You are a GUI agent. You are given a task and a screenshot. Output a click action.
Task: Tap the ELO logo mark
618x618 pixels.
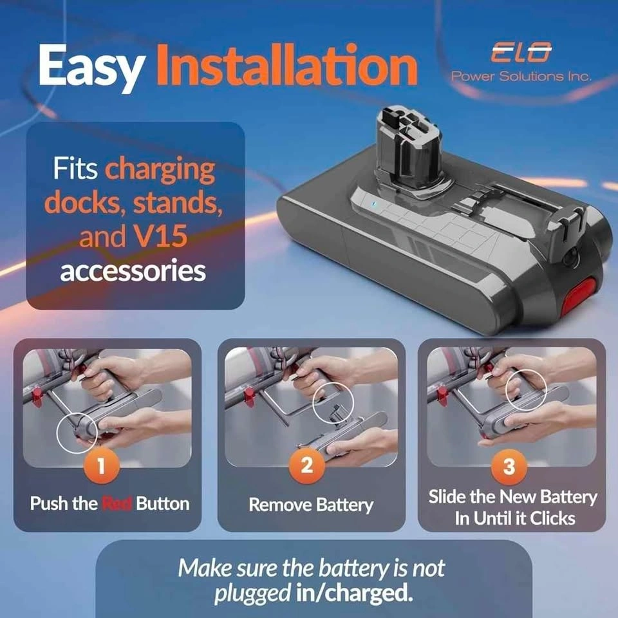[x=521, y=52]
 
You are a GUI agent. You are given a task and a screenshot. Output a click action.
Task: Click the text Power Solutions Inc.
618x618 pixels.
[x=521, y=76]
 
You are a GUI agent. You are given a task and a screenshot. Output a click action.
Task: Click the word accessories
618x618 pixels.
[x=133, y=271]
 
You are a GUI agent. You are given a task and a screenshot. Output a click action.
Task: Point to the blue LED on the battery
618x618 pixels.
[x=375, y=205]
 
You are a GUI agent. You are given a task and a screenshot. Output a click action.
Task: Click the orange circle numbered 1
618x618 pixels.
[x=101, y=465]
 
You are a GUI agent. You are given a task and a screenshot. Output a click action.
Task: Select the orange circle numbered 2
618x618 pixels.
[x=307, y=465]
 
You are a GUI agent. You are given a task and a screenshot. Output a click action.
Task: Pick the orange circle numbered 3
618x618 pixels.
[x=509, y=467]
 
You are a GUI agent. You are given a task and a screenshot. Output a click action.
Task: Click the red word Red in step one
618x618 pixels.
[x=117, y=503]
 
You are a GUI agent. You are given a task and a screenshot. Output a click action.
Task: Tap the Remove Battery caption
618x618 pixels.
[x=311, y=505]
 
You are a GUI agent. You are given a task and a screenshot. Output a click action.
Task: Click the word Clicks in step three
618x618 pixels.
[x=552, y=518]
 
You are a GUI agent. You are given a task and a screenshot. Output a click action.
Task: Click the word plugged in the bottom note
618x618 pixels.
[x=252, y=594]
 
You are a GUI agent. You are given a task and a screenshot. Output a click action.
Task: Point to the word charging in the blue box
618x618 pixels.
[x=160, y=169]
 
